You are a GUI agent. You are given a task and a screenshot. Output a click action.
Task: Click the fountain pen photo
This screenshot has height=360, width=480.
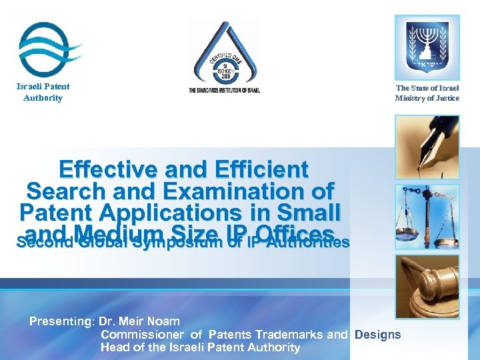pos(427,147)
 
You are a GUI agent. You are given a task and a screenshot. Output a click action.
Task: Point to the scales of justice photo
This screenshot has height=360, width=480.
pos(427,216)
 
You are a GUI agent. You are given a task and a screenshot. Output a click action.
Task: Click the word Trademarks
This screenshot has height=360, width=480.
pos(293,335)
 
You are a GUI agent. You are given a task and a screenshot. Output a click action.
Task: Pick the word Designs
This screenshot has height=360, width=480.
pos(378,335)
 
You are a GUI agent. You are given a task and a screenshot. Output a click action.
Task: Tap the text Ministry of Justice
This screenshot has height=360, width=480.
pos(427,99)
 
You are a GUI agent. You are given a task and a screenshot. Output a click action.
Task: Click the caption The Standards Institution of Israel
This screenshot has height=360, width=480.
pos(225,90)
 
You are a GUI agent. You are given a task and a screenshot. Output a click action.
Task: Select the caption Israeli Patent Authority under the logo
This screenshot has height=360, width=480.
pos(43,92)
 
